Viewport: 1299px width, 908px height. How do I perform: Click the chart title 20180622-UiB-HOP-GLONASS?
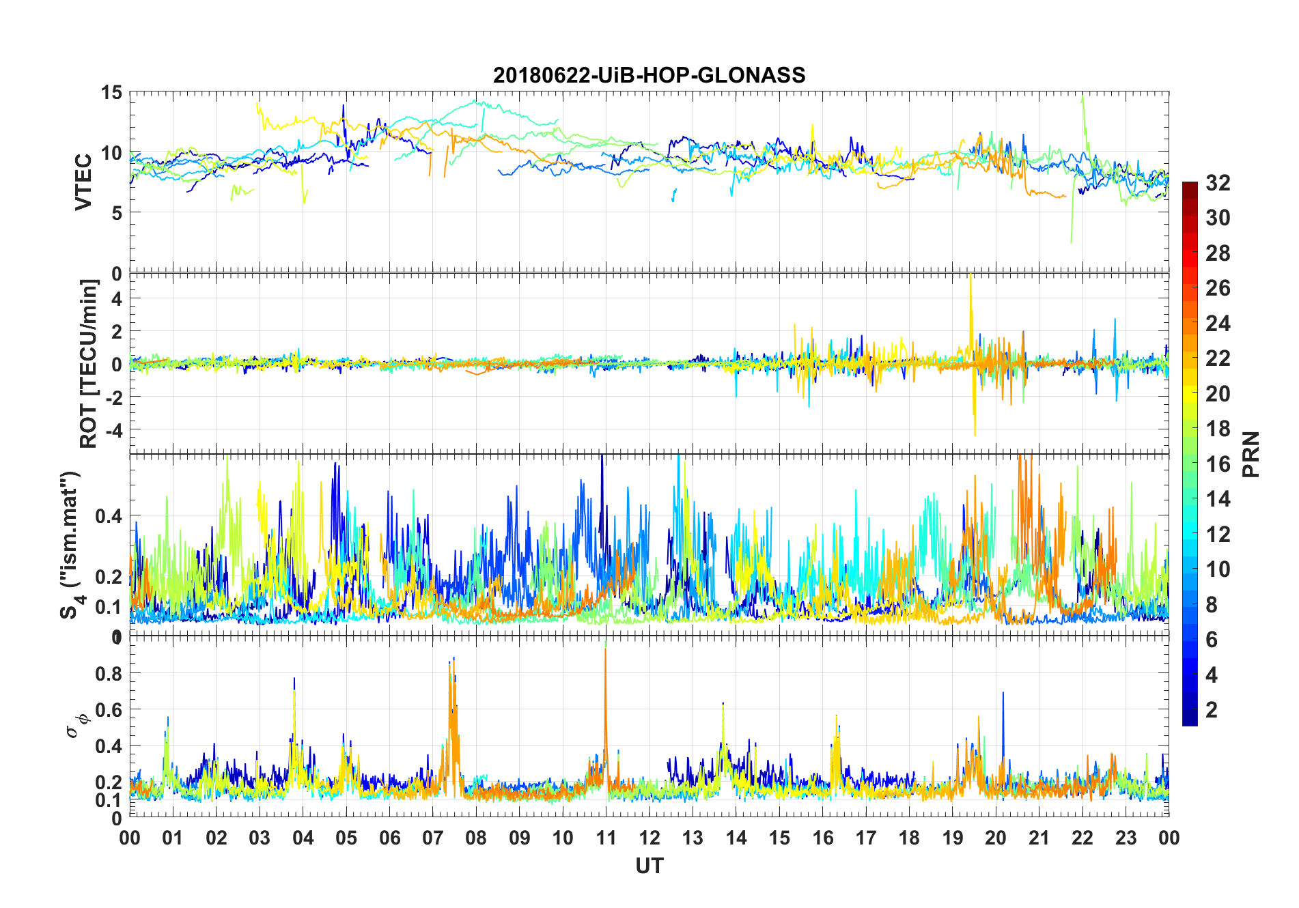pos(649,75)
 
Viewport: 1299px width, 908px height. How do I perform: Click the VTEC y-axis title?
pos(83,182)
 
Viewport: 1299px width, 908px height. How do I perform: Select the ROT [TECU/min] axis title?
pos(89,363)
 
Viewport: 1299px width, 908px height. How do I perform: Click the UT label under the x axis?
pos(649,866)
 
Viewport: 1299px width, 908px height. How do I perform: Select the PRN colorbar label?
pos(1251,454)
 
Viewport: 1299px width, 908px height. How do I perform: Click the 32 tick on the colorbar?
pos(1218,183)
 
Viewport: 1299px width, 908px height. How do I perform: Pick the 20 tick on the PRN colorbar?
pos(1218,394)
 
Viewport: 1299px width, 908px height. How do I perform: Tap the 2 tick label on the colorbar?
pos(1212,710)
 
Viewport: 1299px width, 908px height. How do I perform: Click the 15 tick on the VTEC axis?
pos(112,93)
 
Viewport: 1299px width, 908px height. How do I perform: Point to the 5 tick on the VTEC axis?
pos(117,213)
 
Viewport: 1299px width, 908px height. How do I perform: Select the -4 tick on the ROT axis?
pos(111,430)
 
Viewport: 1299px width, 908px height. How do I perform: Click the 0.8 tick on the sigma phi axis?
pos(109,673)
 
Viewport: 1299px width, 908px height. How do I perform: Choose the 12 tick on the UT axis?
pos(649,838)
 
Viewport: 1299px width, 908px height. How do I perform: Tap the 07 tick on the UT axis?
pos(432,838)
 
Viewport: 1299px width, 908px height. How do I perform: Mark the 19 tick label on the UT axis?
pos(952,838)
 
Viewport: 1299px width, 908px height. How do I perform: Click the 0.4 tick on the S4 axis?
pos(109,516)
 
